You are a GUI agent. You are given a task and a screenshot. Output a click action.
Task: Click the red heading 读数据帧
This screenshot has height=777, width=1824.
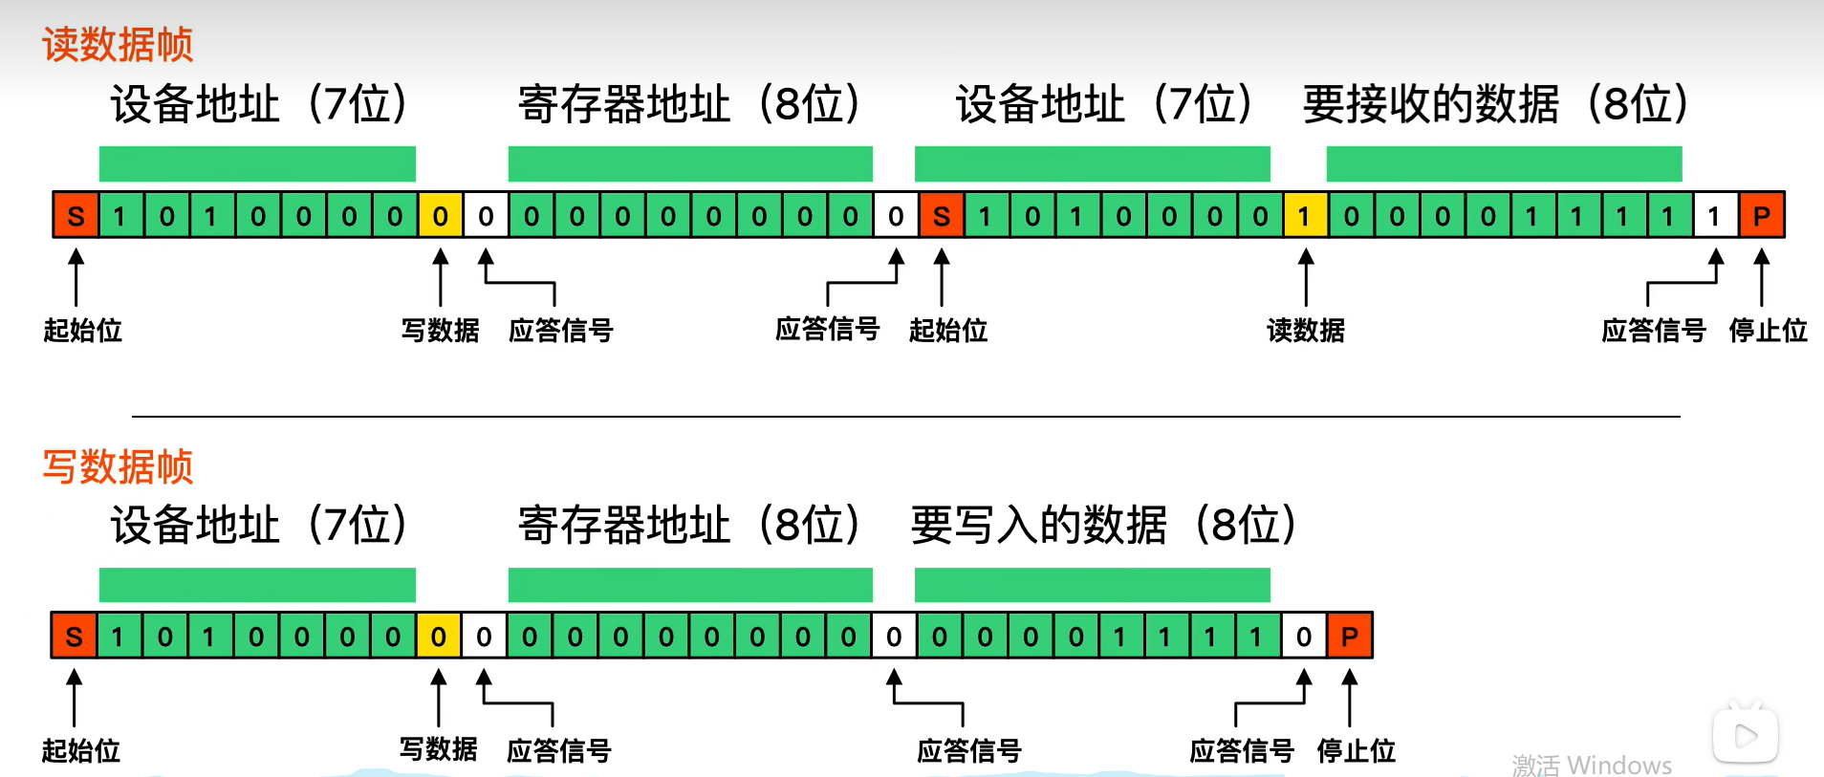click(x=118, y=45)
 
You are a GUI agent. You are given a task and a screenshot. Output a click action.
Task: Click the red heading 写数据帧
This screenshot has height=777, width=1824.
click(x=118, y=467)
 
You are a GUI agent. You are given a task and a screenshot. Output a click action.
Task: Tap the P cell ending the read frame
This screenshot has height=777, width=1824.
click(x=1761, y=215)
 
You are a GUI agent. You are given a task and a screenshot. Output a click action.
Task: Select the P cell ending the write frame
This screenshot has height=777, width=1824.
click(x=1350, y=636)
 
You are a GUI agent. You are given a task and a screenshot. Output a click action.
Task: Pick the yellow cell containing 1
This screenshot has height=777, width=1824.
click(x=1304, y=215)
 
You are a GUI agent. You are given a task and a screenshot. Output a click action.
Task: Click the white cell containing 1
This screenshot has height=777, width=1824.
click(x=1715, y=215)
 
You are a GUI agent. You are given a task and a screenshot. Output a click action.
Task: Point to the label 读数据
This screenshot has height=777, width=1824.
click(x=1305, y=331)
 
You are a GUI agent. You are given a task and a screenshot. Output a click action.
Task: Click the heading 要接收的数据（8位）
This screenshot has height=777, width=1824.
click(x=1495, y=104)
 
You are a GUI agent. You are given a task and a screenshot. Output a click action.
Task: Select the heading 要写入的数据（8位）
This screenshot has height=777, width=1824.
click(x=1103, y=525)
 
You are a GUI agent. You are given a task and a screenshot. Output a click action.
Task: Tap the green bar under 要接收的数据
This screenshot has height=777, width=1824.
click(x=1504, y=163)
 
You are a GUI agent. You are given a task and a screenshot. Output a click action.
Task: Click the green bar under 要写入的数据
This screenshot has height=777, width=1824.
click(x=1092, y=585)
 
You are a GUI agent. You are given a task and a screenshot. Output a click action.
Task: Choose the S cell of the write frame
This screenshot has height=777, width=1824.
click(x=75, y=636)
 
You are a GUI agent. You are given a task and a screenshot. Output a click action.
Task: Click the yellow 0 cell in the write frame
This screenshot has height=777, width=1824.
click(x=439, y=636)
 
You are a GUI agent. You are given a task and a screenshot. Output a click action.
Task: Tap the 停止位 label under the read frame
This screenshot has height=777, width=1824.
click(x=1768, y=331)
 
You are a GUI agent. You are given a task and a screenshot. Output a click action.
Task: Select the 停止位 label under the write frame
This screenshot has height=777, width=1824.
click(x=1356, y=751)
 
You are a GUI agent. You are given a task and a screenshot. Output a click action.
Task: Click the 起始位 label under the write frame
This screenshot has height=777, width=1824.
click(x=81, y=751)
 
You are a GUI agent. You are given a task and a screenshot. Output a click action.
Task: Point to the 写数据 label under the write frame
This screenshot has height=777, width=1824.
click(x=439, y=749)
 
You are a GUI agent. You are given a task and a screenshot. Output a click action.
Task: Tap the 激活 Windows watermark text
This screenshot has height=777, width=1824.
click(x=1592, y=766)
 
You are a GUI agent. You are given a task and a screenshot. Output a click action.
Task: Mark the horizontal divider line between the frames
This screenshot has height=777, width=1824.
click(x=905, y=417)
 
